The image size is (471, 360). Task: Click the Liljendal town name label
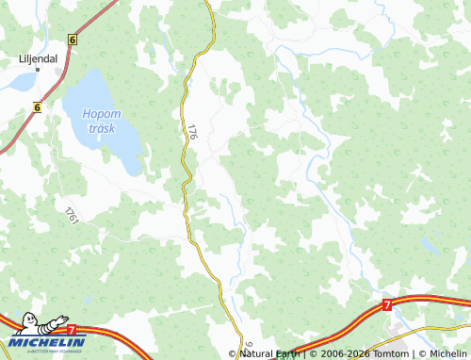(40, 57)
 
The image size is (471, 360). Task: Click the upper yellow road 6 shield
(72, 40)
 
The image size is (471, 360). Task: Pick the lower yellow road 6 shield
(37, 107)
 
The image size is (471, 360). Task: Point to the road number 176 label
(191, 132)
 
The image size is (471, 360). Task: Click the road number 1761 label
(72, 215)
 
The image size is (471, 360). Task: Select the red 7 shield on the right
(386, 305)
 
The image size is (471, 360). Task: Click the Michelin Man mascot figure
(28, 326)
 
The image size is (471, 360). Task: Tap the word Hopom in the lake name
(100, 114)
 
